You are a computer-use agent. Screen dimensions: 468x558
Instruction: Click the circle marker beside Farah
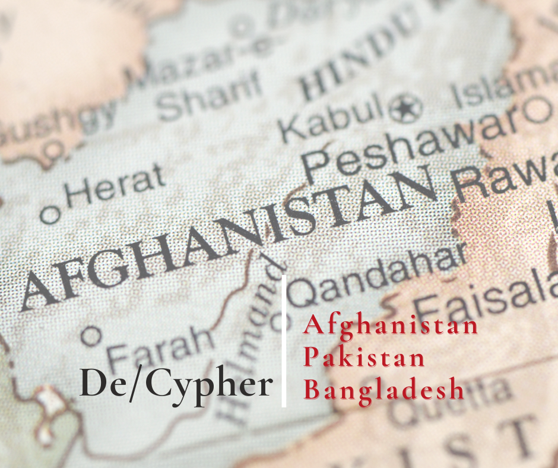[x=91, y=336]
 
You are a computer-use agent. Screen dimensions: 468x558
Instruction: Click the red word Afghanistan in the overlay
[x=391, y=325]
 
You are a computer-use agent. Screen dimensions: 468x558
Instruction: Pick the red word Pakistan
[x=364, y=358]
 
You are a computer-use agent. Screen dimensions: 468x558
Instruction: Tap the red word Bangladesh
[x=383, y=390]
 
